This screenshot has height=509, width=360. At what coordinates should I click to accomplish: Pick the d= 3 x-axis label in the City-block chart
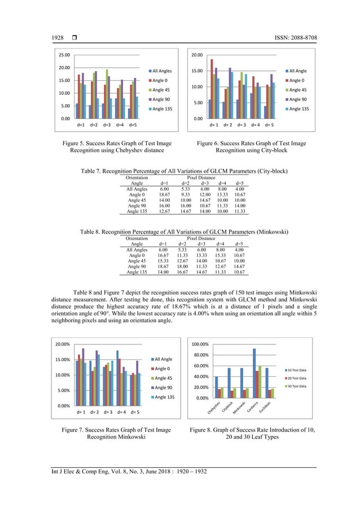click(241, 124)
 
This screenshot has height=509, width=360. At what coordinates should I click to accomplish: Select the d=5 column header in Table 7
click(239, 183)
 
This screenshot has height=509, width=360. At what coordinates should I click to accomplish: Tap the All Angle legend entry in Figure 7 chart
click(163, 359)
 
